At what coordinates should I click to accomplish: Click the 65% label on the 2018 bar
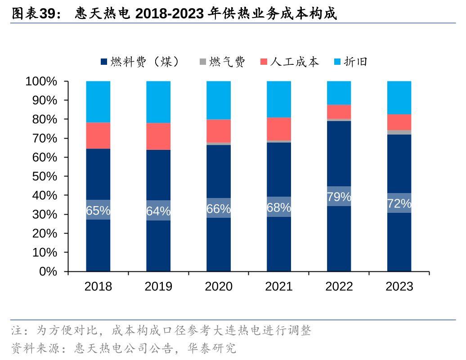98,210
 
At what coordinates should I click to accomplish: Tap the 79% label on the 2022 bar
339,197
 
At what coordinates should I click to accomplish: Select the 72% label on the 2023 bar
399,203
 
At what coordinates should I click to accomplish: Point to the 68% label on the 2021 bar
278,207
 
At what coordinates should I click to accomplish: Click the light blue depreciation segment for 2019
158,102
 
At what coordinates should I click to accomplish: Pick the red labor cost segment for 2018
98,135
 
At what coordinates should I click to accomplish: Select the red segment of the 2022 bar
339,112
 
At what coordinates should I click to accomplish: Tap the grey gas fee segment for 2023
399,132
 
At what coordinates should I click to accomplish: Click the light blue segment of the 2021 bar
278,99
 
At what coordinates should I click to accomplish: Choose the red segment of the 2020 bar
219,131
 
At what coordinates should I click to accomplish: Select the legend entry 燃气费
223,62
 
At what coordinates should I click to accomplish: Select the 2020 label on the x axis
219,286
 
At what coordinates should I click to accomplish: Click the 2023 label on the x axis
399,286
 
